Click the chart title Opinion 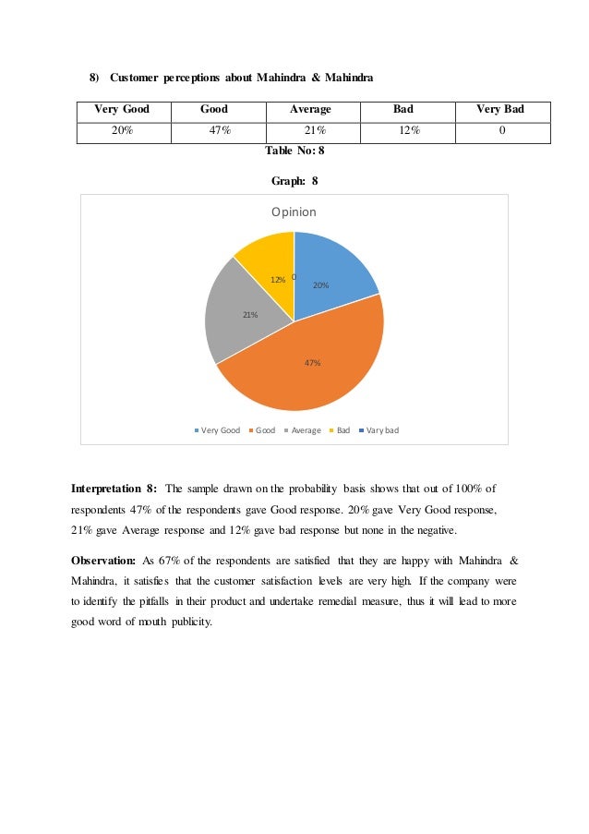point(294,212)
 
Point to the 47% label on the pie point(312,363)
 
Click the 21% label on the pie point(249,315)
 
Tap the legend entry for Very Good point(217,430)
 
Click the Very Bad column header point(499,110)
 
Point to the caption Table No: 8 point(294,150)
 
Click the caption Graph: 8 point(294,182)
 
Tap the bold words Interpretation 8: point(114,488)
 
